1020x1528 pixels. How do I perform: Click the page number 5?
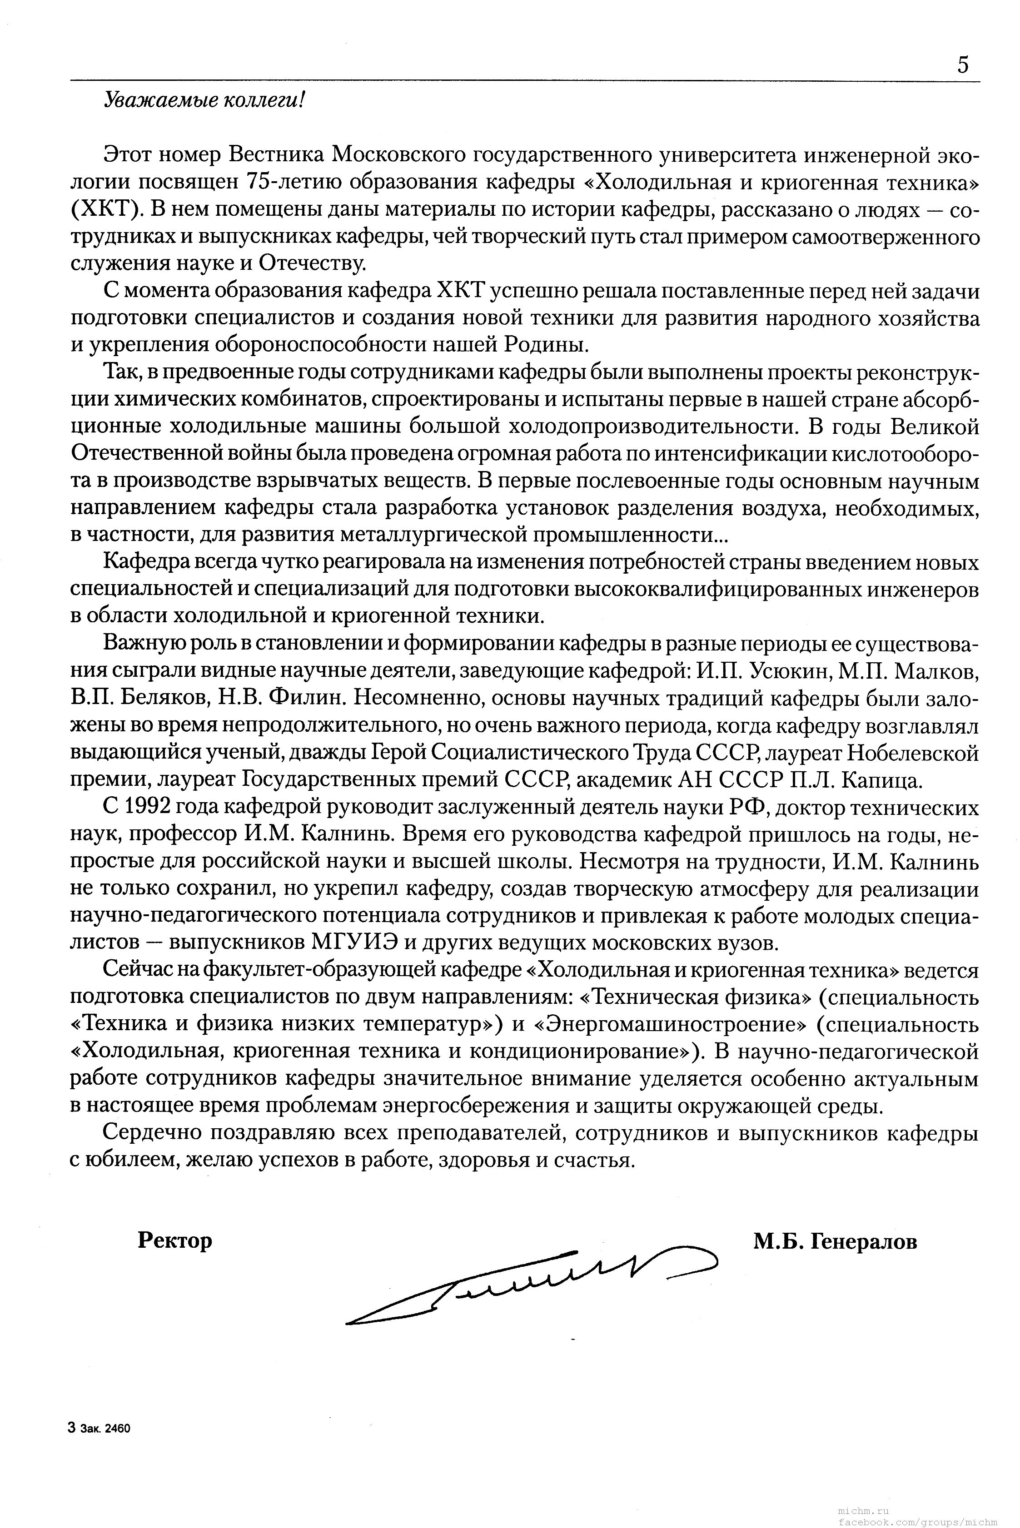963,65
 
